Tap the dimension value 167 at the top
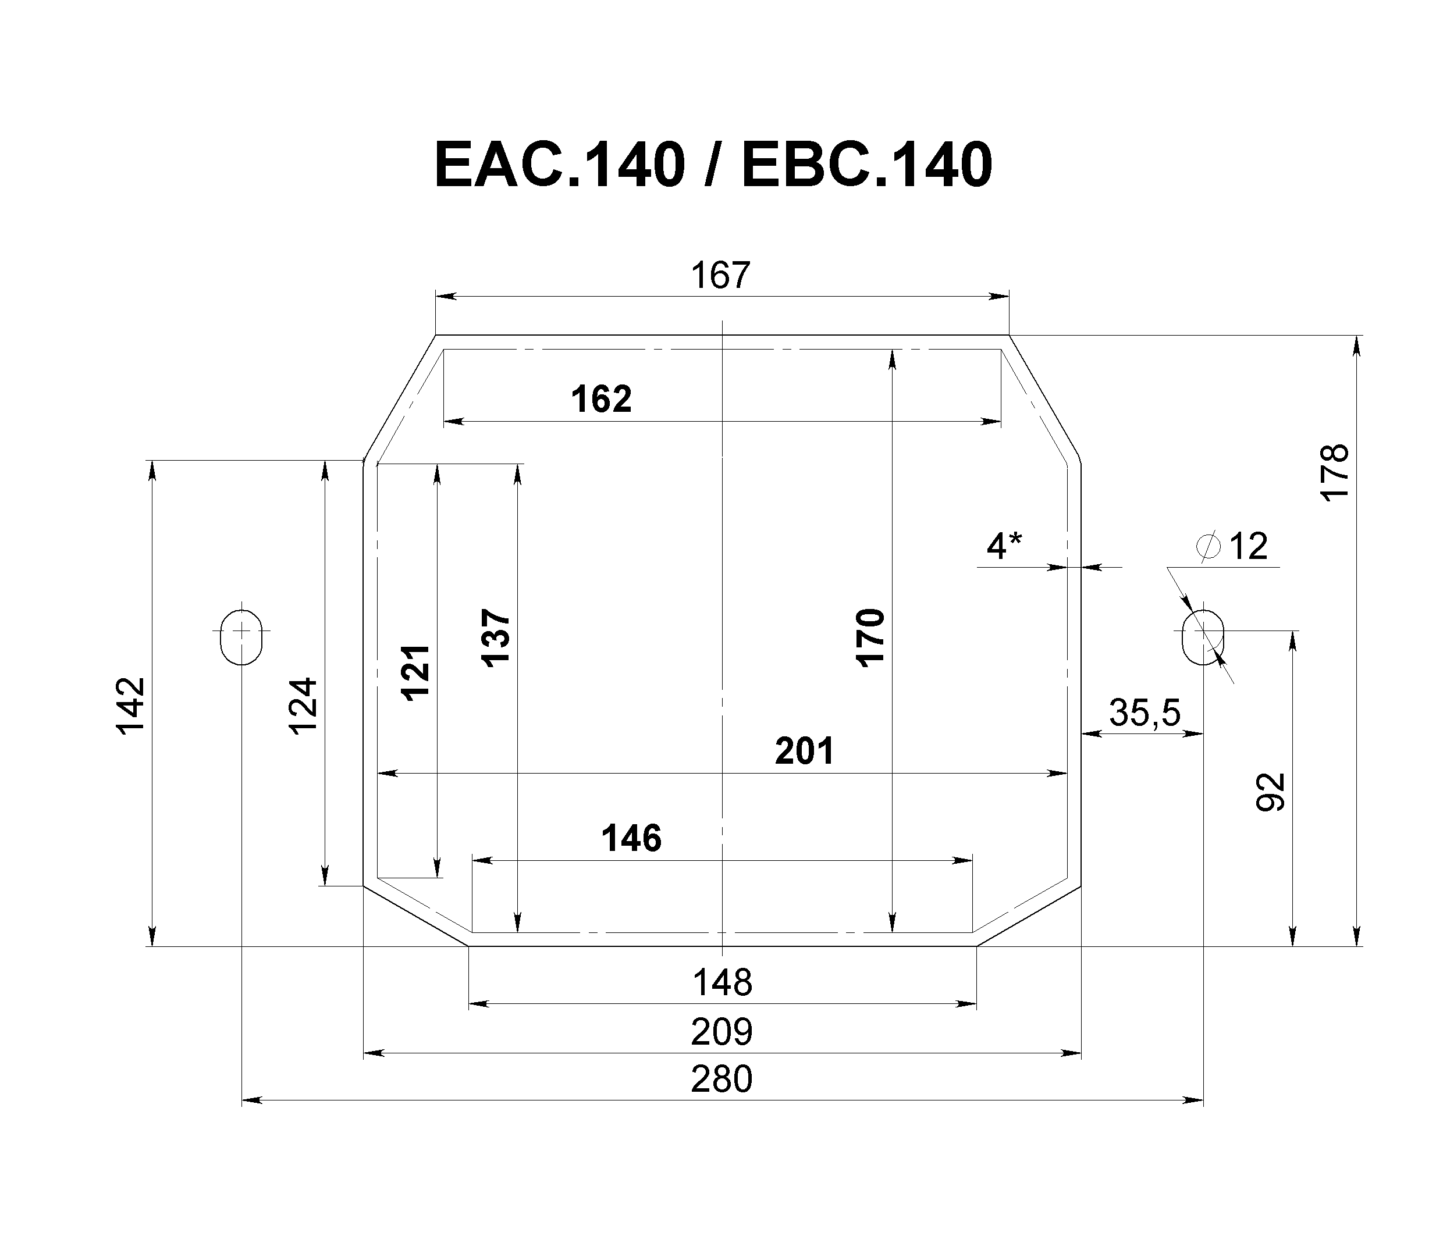coord(721,275)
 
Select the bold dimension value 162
coord(601,399)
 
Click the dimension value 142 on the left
coord(130,706)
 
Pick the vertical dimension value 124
coord(303,706)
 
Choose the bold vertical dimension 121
coord(416,672)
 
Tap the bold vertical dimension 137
coord(496,639)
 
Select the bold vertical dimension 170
coord(870,638)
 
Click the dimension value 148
coord(722,983)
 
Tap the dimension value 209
coord(722,1032)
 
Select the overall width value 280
coord(722,1080)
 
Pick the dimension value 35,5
coord(1145,713)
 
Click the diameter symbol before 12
coord(1209,546)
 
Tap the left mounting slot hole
coord(241,637)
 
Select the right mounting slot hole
coord(1203,637)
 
